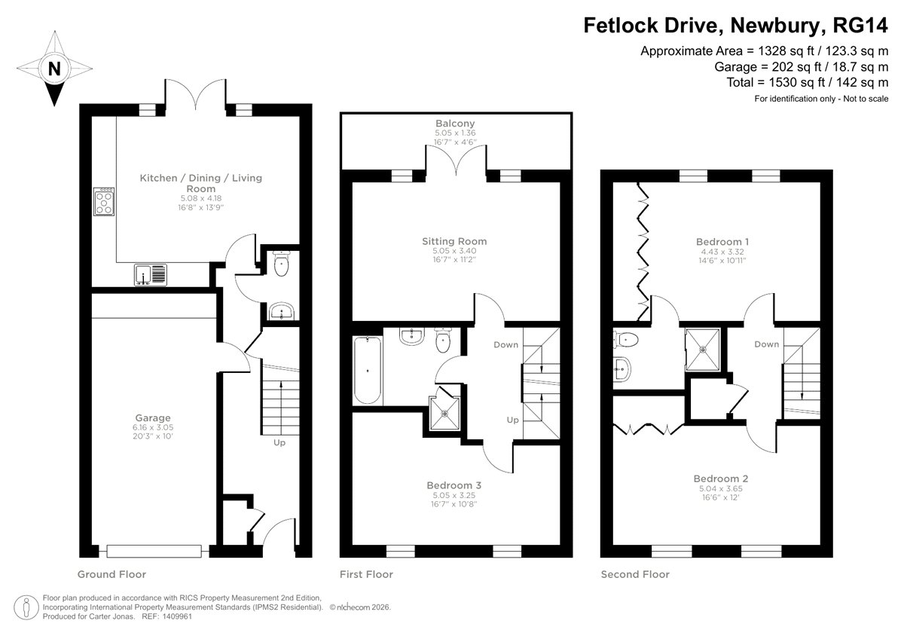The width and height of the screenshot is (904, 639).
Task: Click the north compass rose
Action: click(x=53, y=69)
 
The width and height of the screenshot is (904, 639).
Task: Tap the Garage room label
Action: click(x=153, y=417)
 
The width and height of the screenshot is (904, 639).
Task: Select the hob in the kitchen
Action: click(x=103, y=200)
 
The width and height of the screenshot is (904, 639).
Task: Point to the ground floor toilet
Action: click(x=281, y=263)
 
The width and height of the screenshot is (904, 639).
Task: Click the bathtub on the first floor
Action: click(x=368, y=370)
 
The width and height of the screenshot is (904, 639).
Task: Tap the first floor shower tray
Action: click(x=445, y=411)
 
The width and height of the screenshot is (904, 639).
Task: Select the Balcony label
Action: click(x=455, y=124)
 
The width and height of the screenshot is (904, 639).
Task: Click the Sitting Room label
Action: click(x=454, y=242)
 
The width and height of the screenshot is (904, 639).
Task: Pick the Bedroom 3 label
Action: click(x=454, y=485)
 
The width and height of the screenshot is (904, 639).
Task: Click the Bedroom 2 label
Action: click(x=721, y=478)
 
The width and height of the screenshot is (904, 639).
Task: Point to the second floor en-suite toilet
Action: click(x=627, y=340)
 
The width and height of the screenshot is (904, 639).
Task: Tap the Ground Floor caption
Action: click(x=111, y=574)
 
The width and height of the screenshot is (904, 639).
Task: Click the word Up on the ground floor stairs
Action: click(x=279, y=443)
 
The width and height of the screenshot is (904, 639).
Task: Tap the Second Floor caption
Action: click(x=634, y=574)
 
